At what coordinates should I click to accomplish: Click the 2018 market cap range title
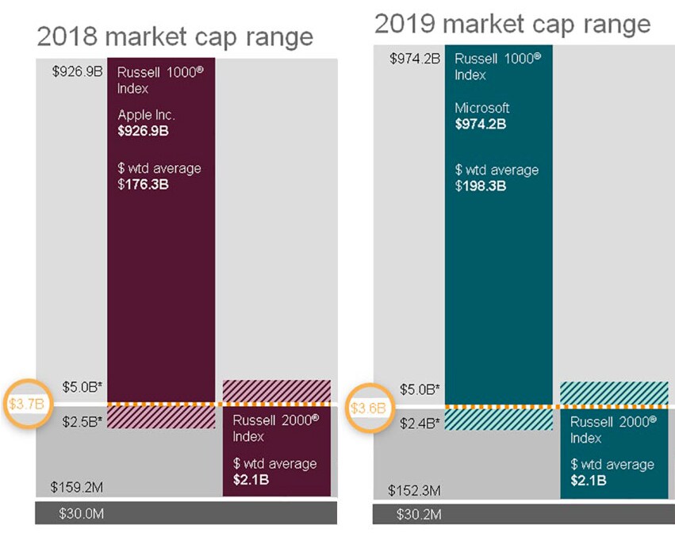tap(175, 36)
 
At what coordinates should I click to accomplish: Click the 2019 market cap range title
tap(512, 24)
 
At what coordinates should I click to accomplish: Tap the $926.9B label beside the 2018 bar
tap(77, 71)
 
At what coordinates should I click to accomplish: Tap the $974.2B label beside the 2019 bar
tap(415, 58)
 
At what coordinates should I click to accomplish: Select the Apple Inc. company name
tap(147, 115)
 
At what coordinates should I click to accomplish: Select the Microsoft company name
tap(482, 108)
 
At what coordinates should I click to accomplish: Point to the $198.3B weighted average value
tap(481, 186)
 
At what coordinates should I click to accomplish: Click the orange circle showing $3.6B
tap(369, 408)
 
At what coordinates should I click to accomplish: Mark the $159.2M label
tap(77, 487)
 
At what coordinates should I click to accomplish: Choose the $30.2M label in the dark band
tap(419, 514)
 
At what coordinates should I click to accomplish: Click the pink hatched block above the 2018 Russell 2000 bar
tap(276, 390)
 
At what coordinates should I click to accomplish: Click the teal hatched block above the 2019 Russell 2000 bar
tap(613, 393)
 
